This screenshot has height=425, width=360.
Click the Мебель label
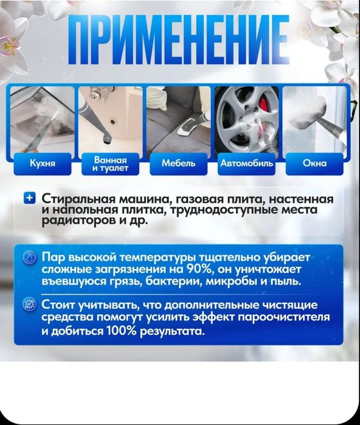point(179,163)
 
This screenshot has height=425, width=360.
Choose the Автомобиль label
point(247,163)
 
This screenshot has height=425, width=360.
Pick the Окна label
point(314,163)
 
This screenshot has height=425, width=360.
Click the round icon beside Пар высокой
point(29,258)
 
